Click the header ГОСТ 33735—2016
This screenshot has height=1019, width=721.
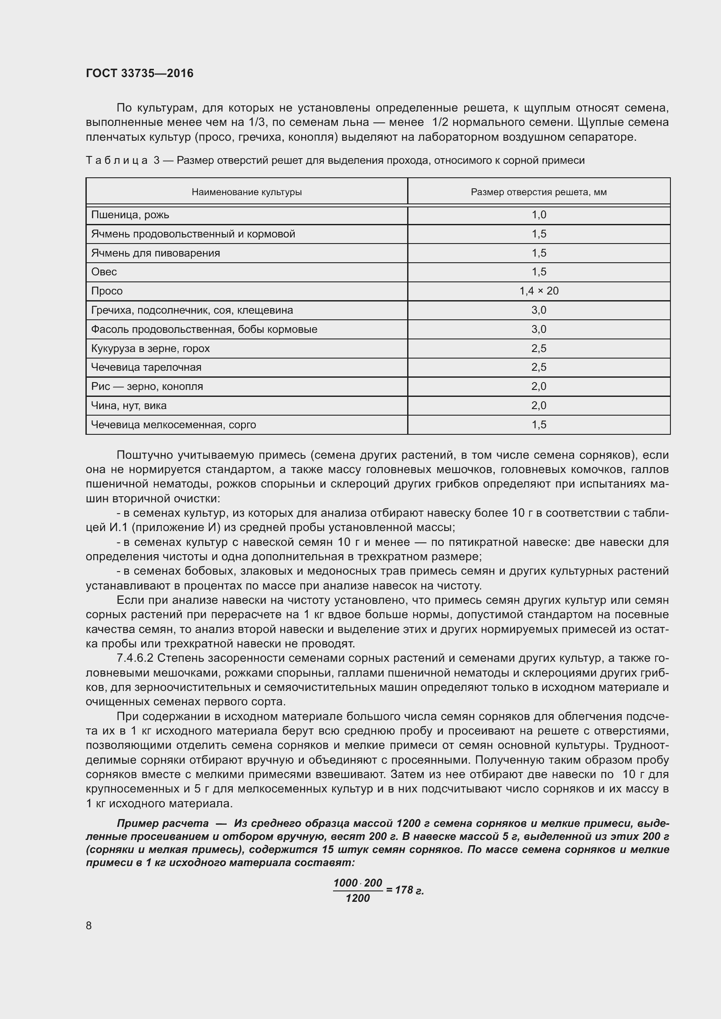click(139, 73)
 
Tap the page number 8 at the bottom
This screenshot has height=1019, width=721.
click(89, 925)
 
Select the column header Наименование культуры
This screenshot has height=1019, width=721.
click(246, 192)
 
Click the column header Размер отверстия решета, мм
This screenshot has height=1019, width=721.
click(538, 192)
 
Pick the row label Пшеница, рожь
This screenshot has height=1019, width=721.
click(130, 215)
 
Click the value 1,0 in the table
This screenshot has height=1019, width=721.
click(538, 215)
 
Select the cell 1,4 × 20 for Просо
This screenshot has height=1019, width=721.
click(538, 291)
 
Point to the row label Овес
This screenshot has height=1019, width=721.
click(104, 272)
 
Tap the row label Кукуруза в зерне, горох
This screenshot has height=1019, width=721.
click(150, 349)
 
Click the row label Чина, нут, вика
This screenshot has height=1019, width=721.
click(129, 406)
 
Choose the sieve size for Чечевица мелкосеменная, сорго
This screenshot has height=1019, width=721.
click(538, 425)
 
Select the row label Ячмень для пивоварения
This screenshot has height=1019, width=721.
click(155, 254)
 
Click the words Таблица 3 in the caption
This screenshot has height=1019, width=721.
click(122, 161)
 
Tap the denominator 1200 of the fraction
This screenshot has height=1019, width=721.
click(357, 899)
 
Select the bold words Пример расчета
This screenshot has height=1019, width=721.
click(163, 824)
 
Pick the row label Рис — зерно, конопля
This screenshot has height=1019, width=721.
click(147, 386)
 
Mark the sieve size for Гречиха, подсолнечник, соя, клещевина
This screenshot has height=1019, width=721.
click(538, 310)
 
